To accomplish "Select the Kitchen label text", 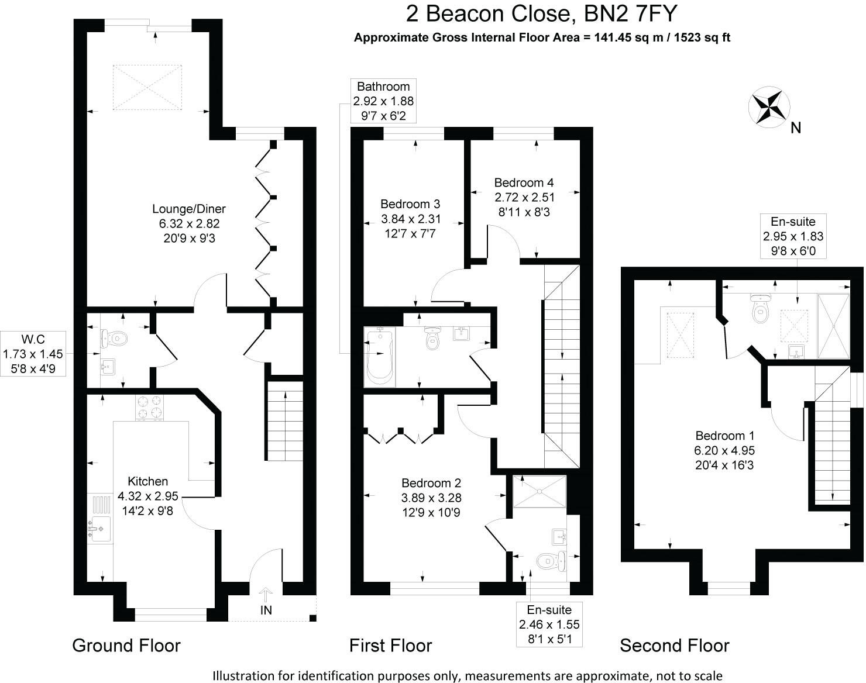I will coord(148,481).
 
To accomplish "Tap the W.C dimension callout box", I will coord(33,354).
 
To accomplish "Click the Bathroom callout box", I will coord(383,101).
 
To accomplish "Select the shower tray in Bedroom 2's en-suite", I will coord(539,492).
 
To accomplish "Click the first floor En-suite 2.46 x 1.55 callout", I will coord(549,625).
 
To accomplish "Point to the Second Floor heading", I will coord(674,646).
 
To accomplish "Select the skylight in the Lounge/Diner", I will coord(147,87).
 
